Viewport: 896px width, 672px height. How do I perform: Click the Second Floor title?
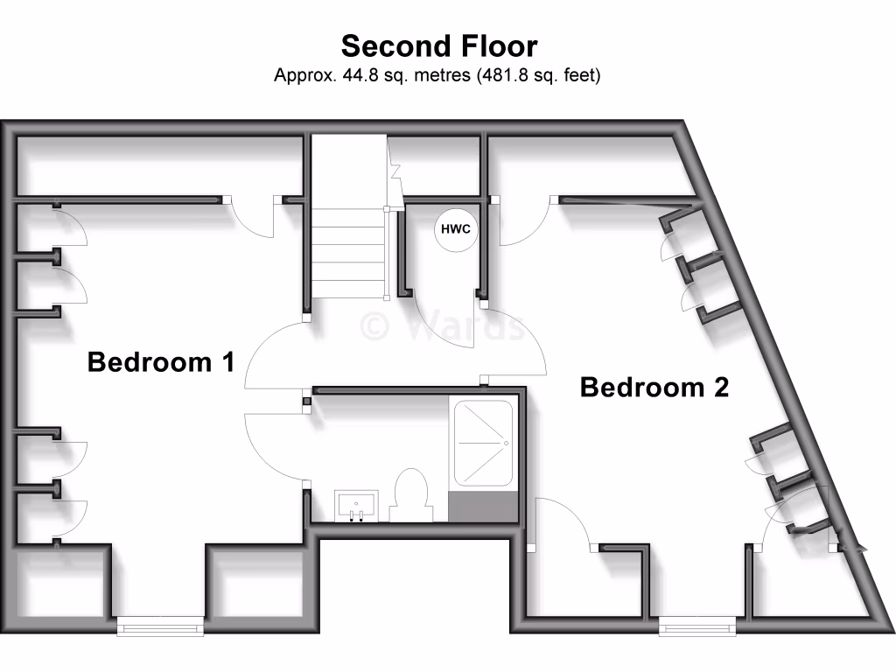pyautogui.click(x=438, y=45)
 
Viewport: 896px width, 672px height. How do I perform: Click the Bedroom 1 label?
pyautogui.click(x=161, y=361)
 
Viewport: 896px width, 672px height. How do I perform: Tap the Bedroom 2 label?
pyautogui.click(x=654, y=387)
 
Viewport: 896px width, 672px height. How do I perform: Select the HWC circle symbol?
pyautogui.click(x=455, y=229)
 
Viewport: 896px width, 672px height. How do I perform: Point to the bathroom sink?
pyautogui.click(x=356, y=507)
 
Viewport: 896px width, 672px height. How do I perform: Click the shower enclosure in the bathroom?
pyautogui.click(x=481, y=444)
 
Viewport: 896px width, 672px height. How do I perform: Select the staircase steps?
pyautogui.click(x=348, y=254)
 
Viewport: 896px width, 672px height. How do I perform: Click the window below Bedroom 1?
pyautogui.click(x=160, y=625)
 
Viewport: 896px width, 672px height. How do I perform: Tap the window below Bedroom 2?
pyautogui.click(x=697, y=625)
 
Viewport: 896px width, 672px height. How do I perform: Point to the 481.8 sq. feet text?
pyautogui.click(x=539, y=75)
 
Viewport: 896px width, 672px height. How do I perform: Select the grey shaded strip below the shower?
pyautogui.click(x=481, y=507)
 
